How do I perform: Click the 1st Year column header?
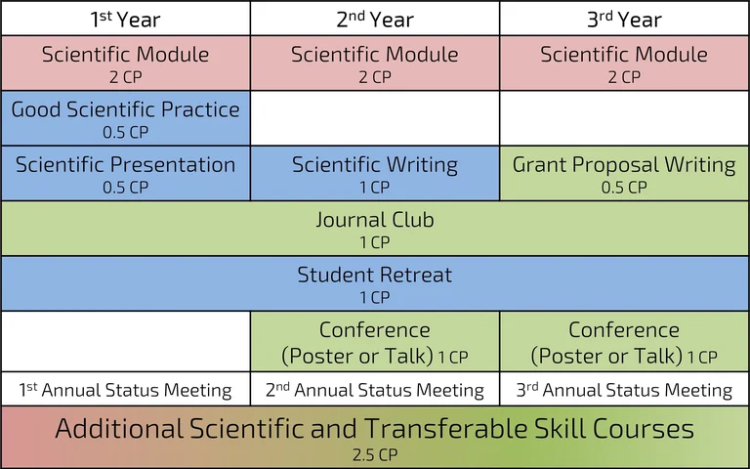tap(125, 19)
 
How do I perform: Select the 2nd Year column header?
tap(375, 19)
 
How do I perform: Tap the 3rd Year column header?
tap(624, 19)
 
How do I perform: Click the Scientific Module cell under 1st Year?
tap(125, 63)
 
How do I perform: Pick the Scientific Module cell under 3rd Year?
tap(624, 63)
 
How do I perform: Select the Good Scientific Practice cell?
tap(125, 117)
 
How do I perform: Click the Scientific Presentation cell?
tap(125, 173)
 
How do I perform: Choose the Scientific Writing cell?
tap(375, 173)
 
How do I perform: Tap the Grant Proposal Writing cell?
tap(624, 173)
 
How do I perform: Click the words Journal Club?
tap(375, 220)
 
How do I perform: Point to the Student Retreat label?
tap(375, 275)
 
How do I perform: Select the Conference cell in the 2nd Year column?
tap(375, 341)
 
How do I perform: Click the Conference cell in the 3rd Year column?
tap(624, 341)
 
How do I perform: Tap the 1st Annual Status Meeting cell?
tap(125, 390)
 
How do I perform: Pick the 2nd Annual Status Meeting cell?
tap(375, 390)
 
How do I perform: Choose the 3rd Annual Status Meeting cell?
tap(624, 390)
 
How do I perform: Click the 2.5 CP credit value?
tap(375, 455)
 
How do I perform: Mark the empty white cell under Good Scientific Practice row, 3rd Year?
tap(624, 117)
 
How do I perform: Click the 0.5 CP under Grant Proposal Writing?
tap(624, 188)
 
